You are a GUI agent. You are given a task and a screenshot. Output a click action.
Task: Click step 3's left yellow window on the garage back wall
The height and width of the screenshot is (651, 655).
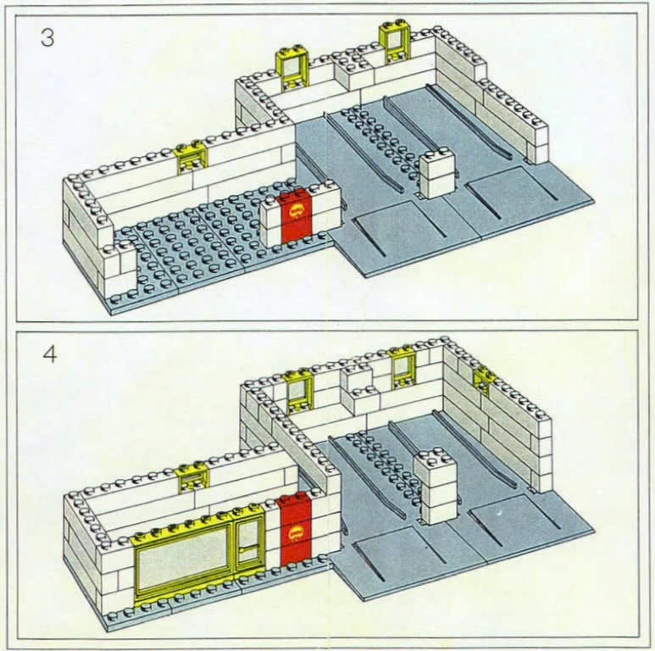(291, 68)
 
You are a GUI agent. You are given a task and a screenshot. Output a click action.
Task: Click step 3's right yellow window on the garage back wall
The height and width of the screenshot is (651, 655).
(393, 42)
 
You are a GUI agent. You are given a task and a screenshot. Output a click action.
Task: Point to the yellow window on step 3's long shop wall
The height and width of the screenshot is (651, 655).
(192, 159)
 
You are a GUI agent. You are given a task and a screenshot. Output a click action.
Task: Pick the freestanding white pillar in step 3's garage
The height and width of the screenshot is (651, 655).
(436, 175)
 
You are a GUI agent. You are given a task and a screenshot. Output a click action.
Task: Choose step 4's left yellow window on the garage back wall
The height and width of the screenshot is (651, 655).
(298, 391)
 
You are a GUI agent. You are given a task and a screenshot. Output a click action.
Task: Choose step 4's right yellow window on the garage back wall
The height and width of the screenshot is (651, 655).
(403, 367)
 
